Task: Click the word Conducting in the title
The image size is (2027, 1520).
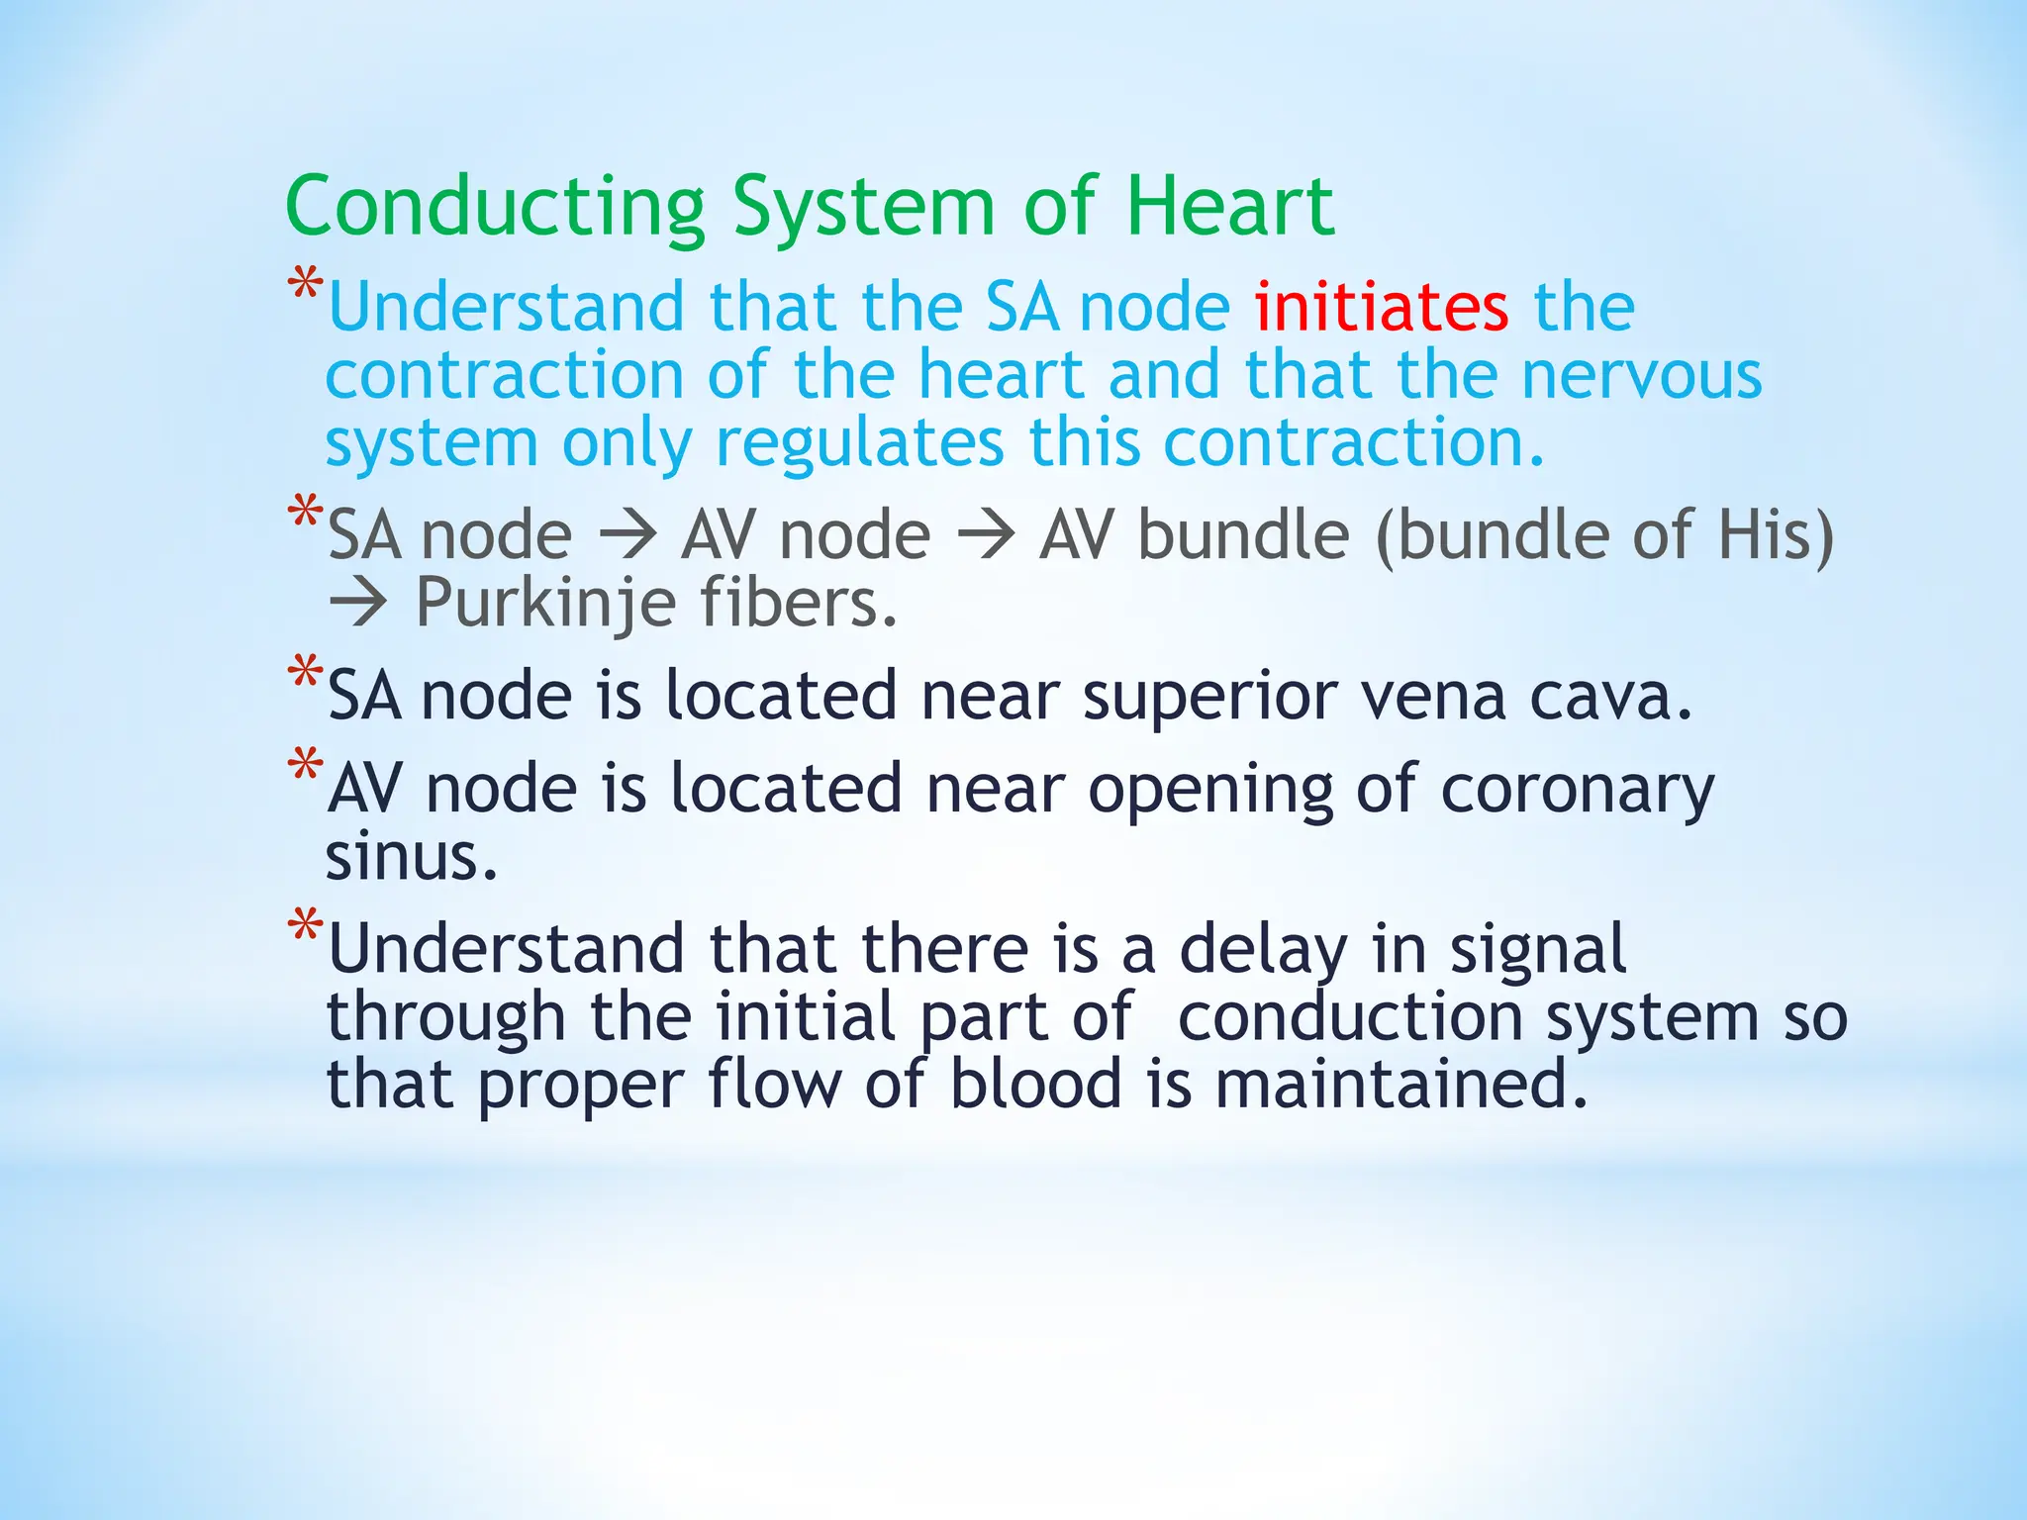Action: pos(495,207)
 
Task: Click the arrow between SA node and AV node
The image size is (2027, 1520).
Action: pos(627,535)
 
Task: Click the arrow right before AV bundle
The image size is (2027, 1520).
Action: pos(986,535)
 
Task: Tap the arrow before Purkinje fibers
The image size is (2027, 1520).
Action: pos(357,603)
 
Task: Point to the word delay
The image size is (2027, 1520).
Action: pos(1263,949)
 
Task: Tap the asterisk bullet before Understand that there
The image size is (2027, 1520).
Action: pos(305,927)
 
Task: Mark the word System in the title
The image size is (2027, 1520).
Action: pos(863,207)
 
